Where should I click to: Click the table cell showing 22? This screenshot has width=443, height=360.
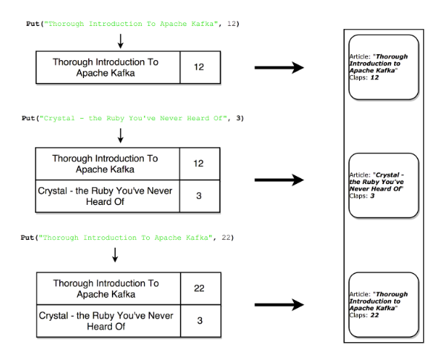pos(198,289)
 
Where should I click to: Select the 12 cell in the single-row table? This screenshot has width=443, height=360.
pos(198,68)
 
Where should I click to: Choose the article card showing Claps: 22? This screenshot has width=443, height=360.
pos(383,304)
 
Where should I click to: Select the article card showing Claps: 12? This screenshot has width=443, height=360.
pos(383,67)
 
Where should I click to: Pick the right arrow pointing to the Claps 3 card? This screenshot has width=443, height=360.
pos(279,180)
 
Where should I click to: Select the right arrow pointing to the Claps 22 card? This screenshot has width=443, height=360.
pos(279,304)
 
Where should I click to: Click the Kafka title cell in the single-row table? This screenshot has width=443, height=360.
pos(105,68)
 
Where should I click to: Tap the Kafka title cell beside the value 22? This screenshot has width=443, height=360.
pos(105,289)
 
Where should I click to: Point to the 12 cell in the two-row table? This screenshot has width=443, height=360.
pos(198,163)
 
